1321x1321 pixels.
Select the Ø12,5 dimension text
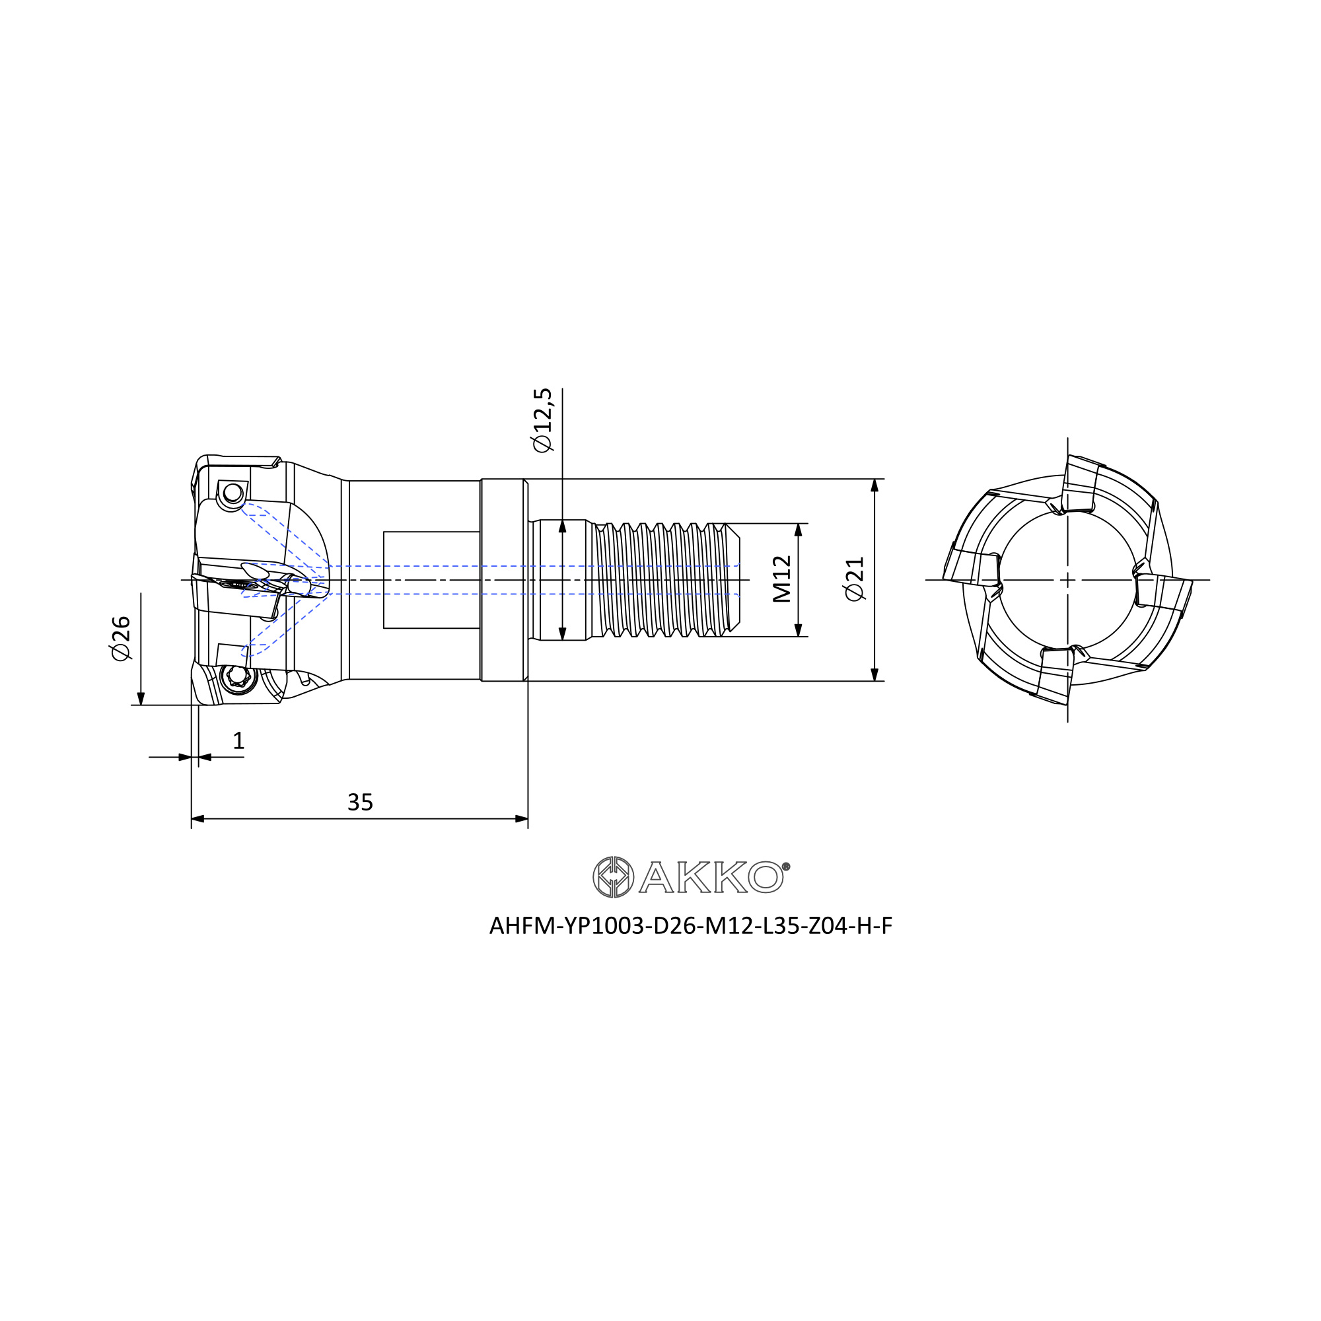click(542, 420)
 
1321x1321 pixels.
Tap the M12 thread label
click(781, 579)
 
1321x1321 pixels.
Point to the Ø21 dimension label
click(855, 579)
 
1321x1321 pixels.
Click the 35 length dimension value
click(361, 803)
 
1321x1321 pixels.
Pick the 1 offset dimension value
click(238, 740)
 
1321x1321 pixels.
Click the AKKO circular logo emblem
click(614, 877)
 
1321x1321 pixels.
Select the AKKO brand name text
click(711, 877)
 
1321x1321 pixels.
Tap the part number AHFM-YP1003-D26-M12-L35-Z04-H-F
click(691, 926)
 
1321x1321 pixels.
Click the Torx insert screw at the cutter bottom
click(237, 678)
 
